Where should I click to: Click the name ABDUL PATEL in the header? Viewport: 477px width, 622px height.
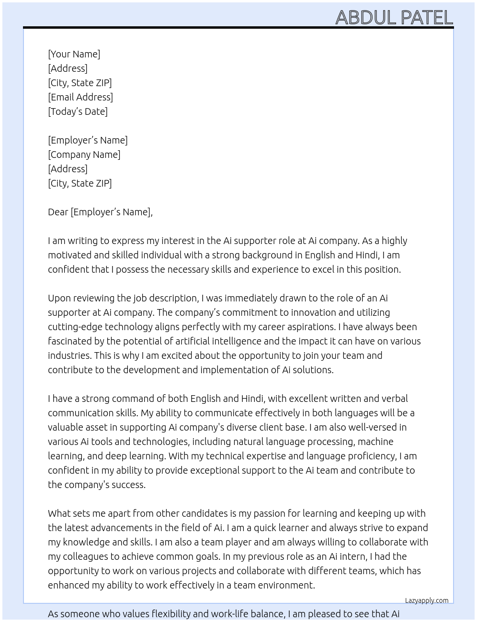(394, 18)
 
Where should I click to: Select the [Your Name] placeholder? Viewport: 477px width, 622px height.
(74, 54)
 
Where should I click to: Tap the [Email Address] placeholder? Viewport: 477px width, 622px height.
(80, 97)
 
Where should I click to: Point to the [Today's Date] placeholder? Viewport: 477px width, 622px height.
(78, 111)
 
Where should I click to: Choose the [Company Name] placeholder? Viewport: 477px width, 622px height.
(84, 155)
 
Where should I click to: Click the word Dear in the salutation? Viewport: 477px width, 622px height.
(58, 212)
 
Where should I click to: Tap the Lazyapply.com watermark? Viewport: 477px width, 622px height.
(427, 600)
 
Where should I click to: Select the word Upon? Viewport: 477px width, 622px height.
(59, 298)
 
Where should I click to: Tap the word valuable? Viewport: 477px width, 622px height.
(65, 427)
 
